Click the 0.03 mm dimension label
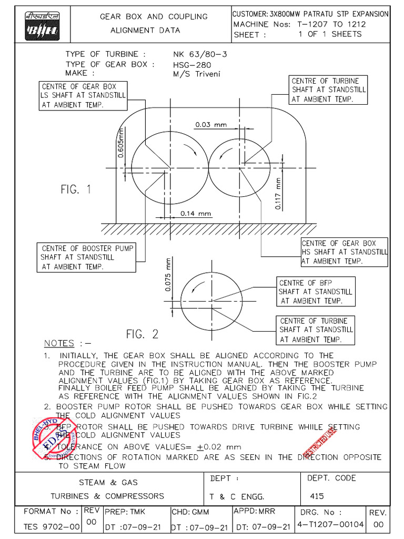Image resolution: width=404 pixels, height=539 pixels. click(x=210, y=125)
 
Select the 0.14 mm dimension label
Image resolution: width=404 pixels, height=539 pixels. click(x=195, y=214)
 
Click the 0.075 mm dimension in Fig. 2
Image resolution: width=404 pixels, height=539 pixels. click(x=168, y=274)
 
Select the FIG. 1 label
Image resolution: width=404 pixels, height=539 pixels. click(x=75, y=189)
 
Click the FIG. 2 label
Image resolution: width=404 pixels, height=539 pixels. click(x=142, y=334)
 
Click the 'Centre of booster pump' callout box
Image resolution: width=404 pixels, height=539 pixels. click(x=87, y=257)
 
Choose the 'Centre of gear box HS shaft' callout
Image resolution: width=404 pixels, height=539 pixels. click(x=344, y=252)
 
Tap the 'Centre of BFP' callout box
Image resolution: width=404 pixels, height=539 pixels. click(x=315, y=292)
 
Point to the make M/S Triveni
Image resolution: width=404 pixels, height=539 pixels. click(x=196, y=74)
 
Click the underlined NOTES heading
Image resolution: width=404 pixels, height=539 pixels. click(x=59, y=343)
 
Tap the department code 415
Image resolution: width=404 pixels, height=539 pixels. click(x=317, y=496)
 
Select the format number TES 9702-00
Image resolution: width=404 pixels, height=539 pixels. click(x=52, y=526)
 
